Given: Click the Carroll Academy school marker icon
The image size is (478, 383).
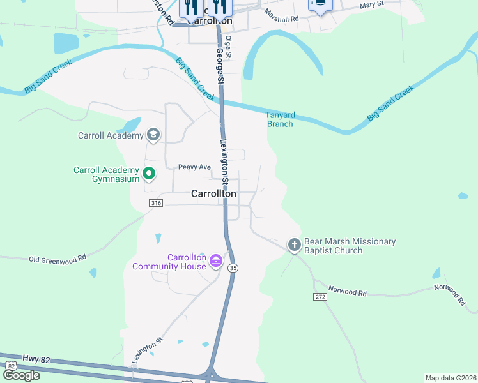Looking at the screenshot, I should (153, 135).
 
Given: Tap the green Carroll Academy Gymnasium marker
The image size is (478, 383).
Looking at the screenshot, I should (149, 173).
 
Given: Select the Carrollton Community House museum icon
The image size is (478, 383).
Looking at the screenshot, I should (215, 260).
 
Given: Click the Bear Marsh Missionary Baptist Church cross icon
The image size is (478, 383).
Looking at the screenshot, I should (294, 244).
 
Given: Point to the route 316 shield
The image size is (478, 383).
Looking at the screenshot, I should (156, 203).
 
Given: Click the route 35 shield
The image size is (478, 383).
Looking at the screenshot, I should (233, 269).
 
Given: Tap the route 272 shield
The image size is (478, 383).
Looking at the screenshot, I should (321, 297).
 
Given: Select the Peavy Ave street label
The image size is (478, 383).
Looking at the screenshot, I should (195, 167).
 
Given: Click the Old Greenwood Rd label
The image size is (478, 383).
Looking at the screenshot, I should (58, 259).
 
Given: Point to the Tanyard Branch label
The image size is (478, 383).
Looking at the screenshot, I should (280, 119).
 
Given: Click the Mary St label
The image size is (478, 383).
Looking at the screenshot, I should (371, 4).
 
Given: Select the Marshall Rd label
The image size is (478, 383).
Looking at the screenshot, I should (282, 19).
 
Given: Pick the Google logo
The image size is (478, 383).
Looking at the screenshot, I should (21, 375).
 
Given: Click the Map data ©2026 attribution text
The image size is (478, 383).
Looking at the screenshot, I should (450, 378).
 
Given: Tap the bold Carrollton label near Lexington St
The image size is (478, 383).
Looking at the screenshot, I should (213, 193).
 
